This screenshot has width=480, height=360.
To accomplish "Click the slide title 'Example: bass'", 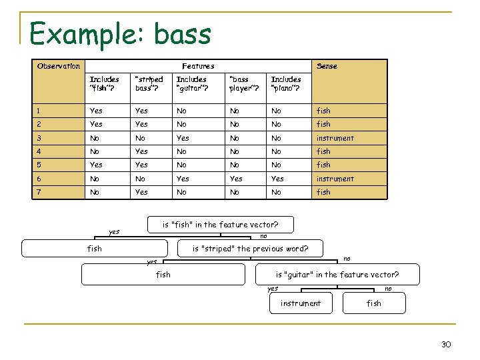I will coord(121,33).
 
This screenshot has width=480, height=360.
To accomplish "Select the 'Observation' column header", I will coord(59,66).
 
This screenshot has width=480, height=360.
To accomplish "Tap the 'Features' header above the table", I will coord(198,66).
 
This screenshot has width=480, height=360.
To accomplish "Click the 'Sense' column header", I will coord(327,66).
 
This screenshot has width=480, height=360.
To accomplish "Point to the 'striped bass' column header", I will coord(149,84).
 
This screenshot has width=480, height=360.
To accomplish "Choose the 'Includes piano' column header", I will coord(285,84).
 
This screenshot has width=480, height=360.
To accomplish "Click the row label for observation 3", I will coord(40,138).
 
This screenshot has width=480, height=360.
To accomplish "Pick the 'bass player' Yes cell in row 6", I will coord(236,179).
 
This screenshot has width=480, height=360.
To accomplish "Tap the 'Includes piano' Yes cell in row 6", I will coord(277,179).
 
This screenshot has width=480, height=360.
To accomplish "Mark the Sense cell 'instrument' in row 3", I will coord(335,138).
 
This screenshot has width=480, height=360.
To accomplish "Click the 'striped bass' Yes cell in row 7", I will coord(141,192).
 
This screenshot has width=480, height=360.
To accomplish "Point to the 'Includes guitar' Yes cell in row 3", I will coord(183,138).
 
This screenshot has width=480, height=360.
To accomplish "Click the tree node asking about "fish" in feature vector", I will coord(220,225).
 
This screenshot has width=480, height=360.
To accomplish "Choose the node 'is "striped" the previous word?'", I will coord(250,249).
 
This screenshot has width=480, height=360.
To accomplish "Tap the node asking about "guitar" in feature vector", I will coord(337,274).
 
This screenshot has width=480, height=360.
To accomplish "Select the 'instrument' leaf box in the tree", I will coord(300,303).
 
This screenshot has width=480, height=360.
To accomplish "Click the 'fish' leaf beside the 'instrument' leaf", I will coord(374,303).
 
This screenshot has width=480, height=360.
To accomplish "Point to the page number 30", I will coord(446,343).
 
